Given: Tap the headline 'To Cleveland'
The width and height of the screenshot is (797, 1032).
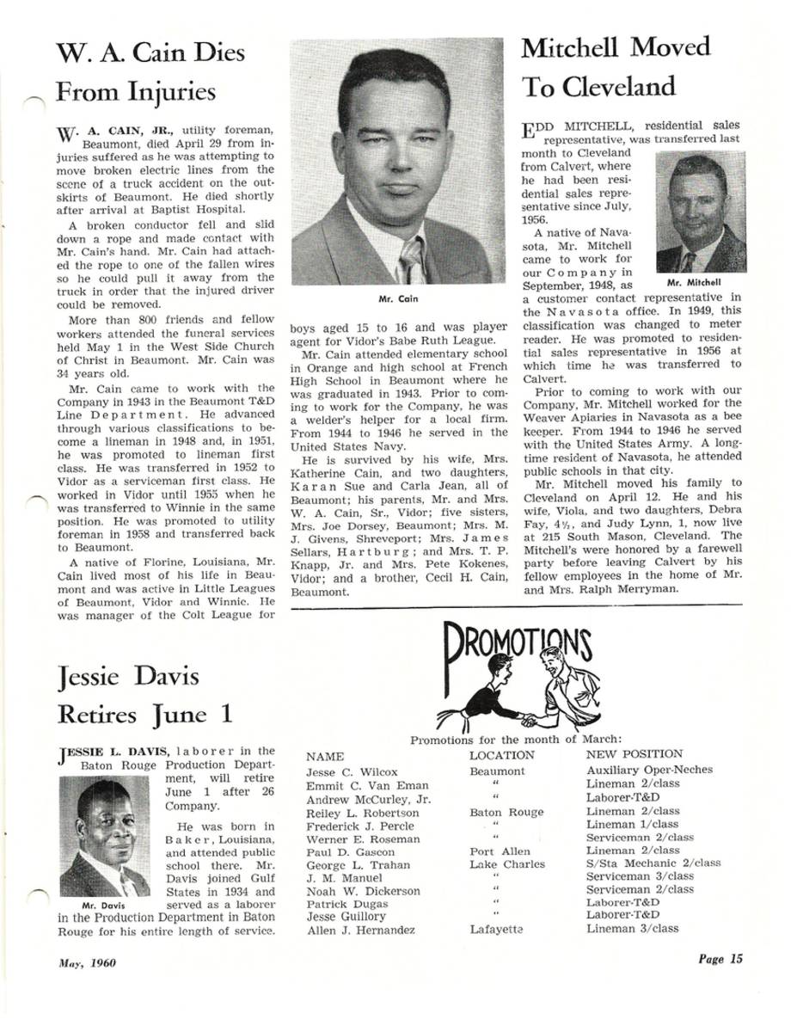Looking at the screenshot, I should point(598,86).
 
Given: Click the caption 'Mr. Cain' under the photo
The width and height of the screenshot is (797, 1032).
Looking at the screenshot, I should point(397,299).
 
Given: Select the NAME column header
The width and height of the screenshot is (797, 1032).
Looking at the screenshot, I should point(325,757).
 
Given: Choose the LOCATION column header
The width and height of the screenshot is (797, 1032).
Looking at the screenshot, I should point(502,754).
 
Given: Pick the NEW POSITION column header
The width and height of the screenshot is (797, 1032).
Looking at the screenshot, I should point(635,754).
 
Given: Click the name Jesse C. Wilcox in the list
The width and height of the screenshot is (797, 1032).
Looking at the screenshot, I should point(352,771).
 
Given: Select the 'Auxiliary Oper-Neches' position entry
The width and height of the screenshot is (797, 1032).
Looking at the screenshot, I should point(649,770).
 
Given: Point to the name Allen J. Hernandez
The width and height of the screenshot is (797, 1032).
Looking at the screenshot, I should point(360,931).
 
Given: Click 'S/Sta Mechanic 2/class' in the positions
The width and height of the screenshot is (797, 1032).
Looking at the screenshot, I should point(653,863).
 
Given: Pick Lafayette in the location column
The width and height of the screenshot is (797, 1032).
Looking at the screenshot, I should point(498,930).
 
